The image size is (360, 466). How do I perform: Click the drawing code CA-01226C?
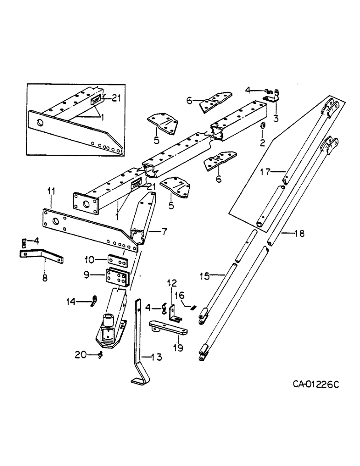tap(316, 384)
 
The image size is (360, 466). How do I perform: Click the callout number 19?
tap(179, 346)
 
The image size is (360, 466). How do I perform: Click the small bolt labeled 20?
tap(100, 355)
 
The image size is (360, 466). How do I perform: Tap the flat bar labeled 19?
tap(168, 327)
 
